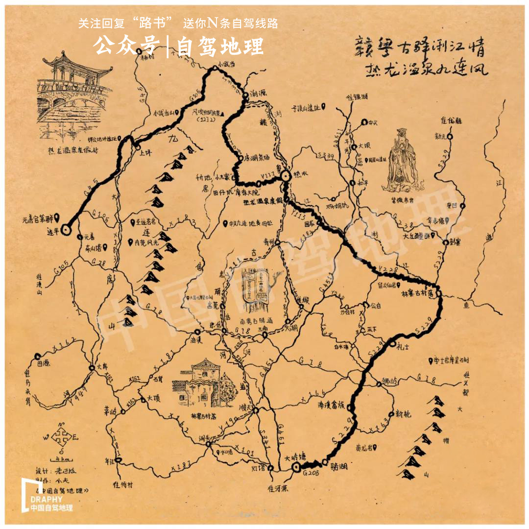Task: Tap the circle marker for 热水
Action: click(x=286, y=173)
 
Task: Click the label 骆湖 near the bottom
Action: click(x=338, y=466)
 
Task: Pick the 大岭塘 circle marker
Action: click(x=296, y=468)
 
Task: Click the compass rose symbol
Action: click(x=60, y=435)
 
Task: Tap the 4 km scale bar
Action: click(x=63, y=458)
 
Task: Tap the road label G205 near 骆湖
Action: click(x=311, y=474)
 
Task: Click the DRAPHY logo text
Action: click(x=46, y=499)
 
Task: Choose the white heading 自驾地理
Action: click(x=220, y=47)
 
